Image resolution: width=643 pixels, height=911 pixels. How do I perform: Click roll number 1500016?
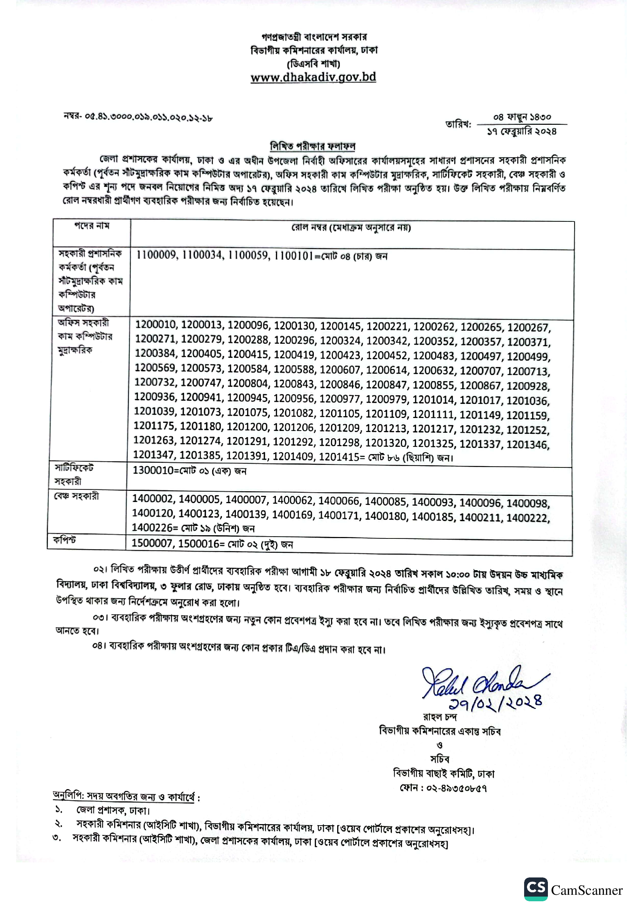coord(198,543)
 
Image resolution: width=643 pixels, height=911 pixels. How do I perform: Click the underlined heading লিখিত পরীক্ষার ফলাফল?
coord(313,146)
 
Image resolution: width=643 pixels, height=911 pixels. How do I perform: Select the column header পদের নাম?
coord(92,226)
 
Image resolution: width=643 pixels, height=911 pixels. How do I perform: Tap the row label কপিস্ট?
coord(64,540)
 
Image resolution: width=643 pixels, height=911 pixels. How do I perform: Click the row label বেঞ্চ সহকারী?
coord(76,496)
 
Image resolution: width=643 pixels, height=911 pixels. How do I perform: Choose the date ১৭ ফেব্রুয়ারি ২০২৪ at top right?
coord(522,132)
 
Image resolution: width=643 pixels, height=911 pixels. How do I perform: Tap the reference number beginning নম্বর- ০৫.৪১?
coord(138,117)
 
